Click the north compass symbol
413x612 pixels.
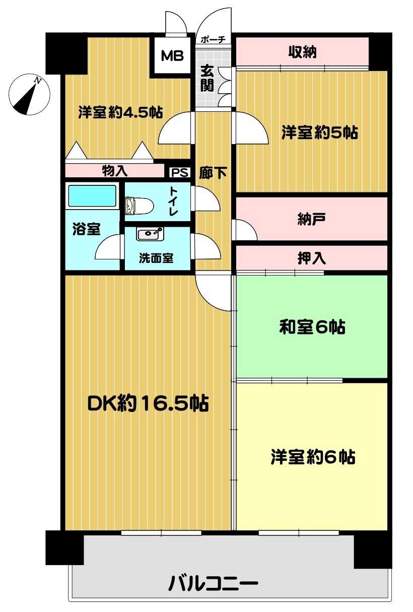(x=30, y=94)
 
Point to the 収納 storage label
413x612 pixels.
(x=302, y=52)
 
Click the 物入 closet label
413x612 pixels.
(x=115, y=171)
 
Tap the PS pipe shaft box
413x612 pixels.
(x=179, y=173)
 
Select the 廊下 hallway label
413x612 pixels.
(x=213, y=173)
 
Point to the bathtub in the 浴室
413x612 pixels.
(x=92, y=195)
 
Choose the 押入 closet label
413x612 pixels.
(x=312, y=258)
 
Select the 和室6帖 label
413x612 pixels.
(x=312, y=328)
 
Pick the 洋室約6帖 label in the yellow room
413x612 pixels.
(x=313, y=457)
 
